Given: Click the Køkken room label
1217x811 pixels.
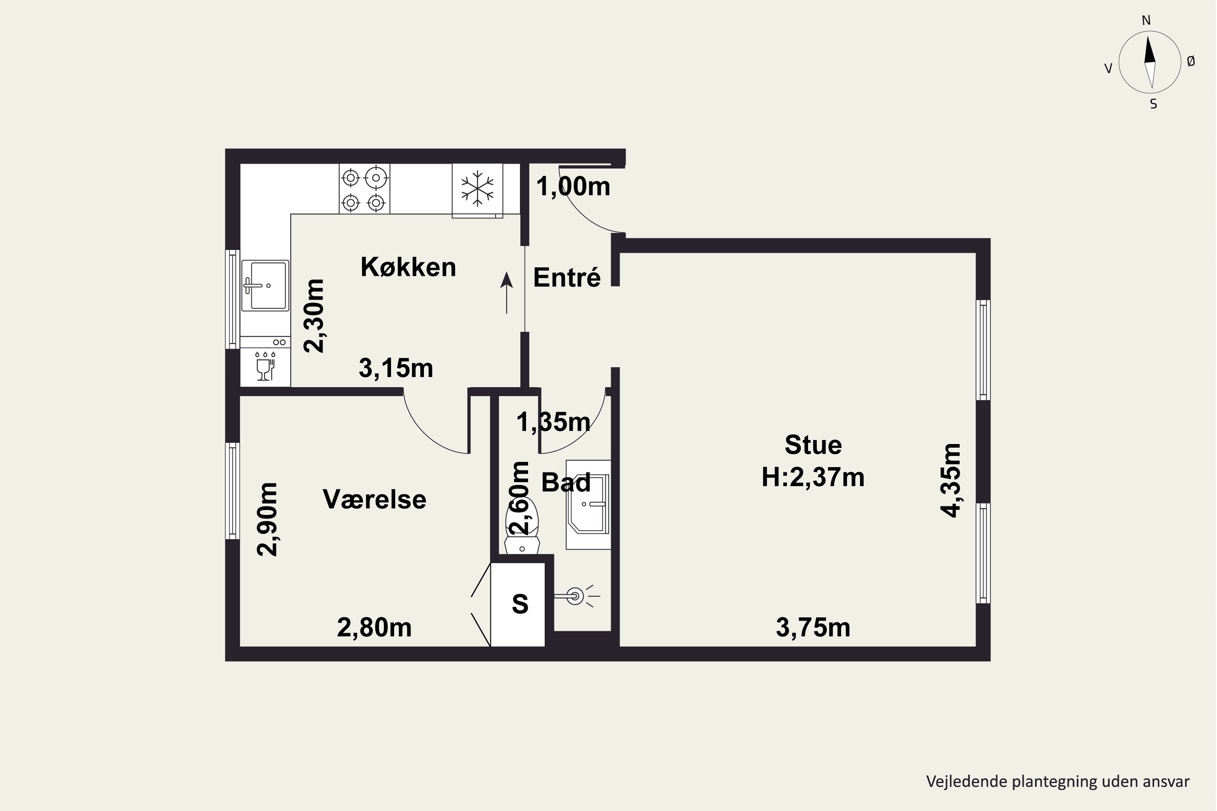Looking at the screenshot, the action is (408, 267).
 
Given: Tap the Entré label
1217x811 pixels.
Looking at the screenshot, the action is (567, 278).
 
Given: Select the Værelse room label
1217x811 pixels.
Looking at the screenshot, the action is (374, 500).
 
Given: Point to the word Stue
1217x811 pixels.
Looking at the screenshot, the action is (813, 445).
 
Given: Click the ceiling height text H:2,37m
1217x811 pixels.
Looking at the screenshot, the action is (813, 477).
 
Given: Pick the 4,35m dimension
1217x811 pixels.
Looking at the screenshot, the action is (950, 480).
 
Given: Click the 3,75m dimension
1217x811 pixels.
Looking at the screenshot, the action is (813, 628).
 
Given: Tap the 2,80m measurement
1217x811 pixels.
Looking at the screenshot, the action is (374, 628).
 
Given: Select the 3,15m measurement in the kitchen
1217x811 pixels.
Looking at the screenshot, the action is (396, 368).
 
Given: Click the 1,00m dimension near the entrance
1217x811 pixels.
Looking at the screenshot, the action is (573, 186).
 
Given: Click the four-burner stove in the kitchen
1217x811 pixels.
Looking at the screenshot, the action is (364, 189).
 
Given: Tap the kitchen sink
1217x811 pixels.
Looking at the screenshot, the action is (265, 285).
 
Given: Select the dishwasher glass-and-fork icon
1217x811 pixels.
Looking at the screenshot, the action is (265, 366).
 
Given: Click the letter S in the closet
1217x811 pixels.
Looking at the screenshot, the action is (520, 604).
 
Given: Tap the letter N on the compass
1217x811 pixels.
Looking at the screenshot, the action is (1146, 20).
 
